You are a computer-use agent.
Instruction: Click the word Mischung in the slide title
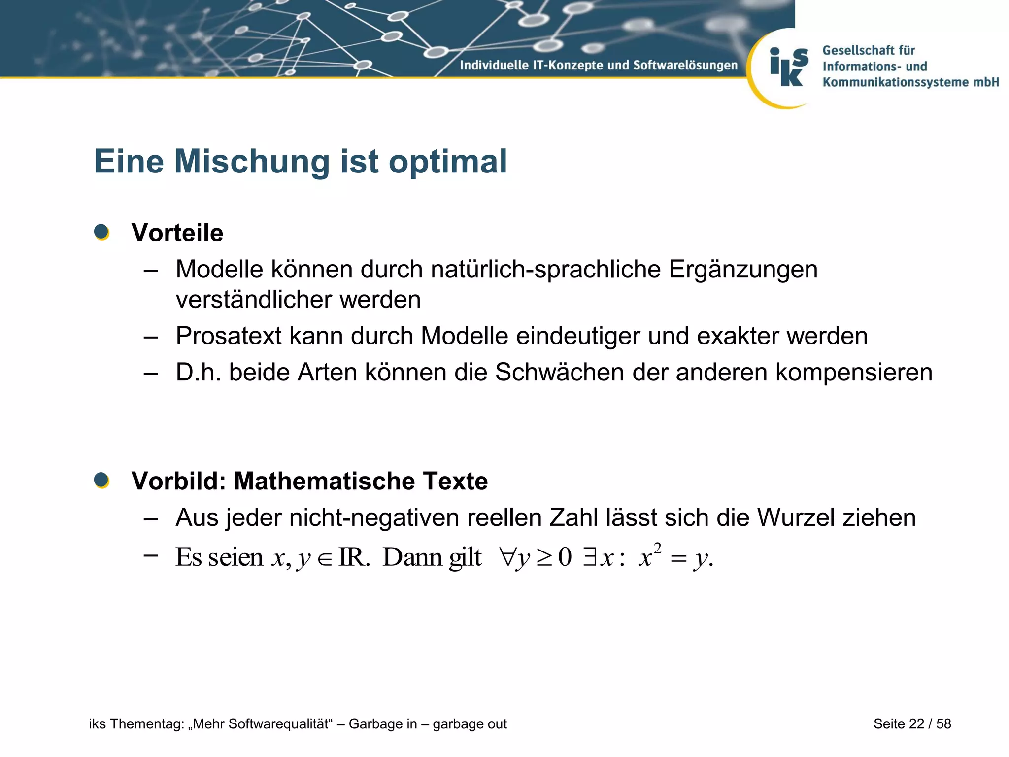(252, 162)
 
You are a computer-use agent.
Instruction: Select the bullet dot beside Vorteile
(101, 232)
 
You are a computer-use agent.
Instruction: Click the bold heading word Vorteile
(177, 233)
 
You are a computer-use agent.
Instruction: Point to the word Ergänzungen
(743, 270)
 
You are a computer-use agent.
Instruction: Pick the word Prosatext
(228, 336)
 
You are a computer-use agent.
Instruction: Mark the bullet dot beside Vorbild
(101, 480)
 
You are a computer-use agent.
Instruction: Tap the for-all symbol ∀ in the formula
(507, 557)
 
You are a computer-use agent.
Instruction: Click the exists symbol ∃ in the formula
(589, 557)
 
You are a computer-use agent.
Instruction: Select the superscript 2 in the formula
(657, 548)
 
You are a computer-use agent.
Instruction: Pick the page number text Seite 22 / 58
(912, 723)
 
